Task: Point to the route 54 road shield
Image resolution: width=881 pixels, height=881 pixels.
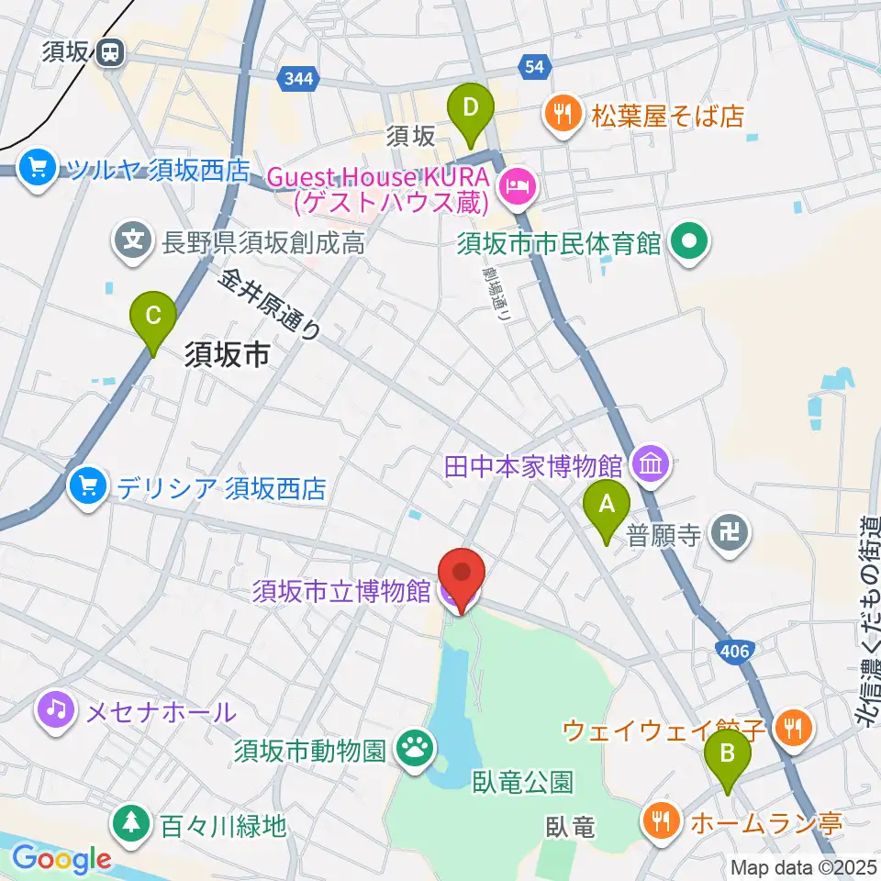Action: click(533, 65)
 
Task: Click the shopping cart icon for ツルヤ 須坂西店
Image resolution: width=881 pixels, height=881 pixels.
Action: click(38, 169)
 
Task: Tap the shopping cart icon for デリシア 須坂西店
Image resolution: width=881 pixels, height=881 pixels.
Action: click(87, 486)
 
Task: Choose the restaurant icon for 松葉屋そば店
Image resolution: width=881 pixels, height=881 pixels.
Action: click(561, 116)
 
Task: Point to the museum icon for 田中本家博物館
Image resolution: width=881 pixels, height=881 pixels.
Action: click(651, 465)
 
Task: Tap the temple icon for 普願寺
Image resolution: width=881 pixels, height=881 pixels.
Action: click(730, 533)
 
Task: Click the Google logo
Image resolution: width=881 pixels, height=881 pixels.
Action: click(61, 859)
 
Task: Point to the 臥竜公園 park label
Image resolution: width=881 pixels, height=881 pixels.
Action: click(523, 782)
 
